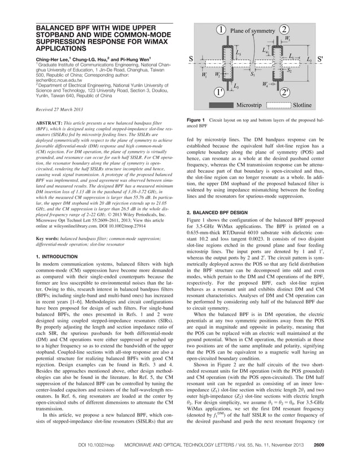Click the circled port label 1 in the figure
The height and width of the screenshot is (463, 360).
pyautogui.click(x=222, y=29)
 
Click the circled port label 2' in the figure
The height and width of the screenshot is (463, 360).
pyautogui.click(x=287, y=91)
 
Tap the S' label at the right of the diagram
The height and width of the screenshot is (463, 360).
pyautogui.click(x=321, y=58)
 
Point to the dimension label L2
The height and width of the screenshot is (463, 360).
pyautogui.click(x=309, y=58)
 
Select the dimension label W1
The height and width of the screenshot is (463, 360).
pyautogui.click(x=204, y=74)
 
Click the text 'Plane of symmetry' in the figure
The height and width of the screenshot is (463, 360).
pyautogui.click(x=254, y=30)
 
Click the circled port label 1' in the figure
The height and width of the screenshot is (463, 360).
pyautogui.click(x=218, y=91)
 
